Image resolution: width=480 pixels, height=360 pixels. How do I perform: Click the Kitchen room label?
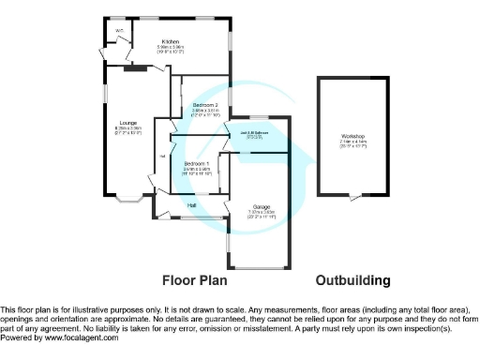click(x=170, y=42)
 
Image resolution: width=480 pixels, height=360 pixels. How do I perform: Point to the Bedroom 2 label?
click(x=205, y=104)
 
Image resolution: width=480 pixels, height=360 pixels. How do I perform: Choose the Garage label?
click(x=261, y=206)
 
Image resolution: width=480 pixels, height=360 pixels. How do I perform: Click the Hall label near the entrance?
click(x=191, y=204)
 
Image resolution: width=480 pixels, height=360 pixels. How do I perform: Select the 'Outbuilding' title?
click(x=352, y=280)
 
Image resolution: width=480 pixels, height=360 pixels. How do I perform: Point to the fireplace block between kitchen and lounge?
click(x=137, y=67)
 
